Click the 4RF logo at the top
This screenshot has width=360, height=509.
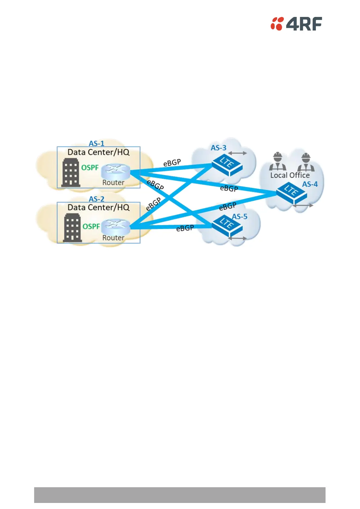point(296,24)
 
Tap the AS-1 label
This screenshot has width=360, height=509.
point(96,143)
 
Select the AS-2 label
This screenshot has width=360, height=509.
point(96,199)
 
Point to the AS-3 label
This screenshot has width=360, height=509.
point(218,148)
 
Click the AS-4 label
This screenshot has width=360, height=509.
point(310,184)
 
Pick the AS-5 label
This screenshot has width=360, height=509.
point(239,217)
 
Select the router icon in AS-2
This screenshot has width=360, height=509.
point(115,227)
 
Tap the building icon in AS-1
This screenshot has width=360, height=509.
point(71,173)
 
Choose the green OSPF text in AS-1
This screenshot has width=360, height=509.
point(90,168)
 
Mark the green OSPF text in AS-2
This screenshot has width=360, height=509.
point(91,227)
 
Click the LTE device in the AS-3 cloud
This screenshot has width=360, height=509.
point(227,165)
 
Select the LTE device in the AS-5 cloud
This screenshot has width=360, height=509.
point(227,225)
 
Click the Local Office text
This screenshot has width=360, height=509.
point(290,175)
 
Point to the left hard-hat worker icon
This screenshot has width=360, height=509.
point(277,162)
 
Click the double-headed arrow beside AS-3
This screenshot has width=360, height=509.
point(238,153)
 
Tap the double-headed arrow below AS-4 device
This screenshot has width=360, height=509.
point(303,205)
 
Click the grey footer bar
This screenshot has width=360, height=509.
point(180,495)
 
